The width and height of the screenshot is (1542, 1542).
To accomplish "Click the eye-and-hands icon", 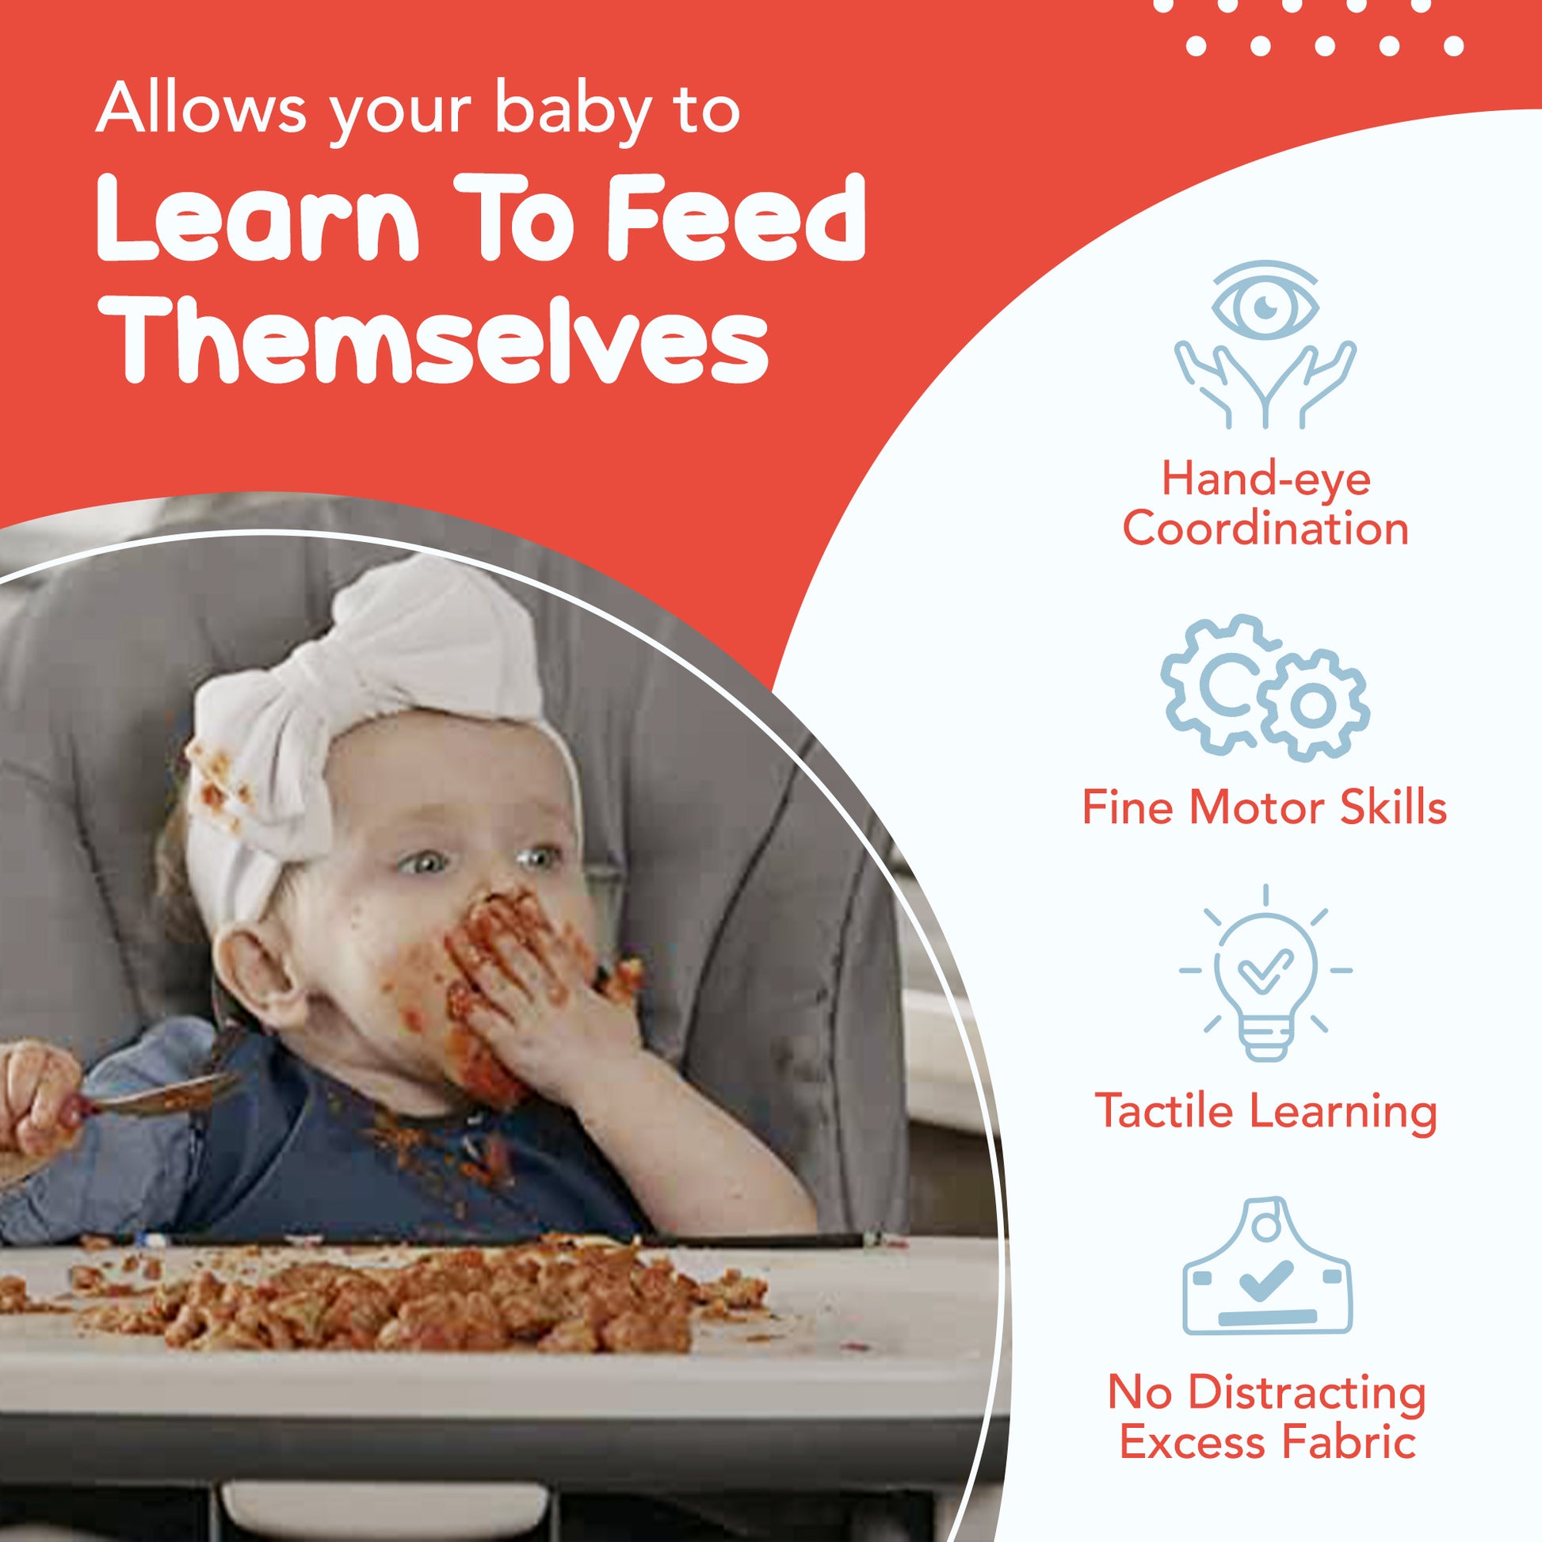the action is [x=1265, y=344].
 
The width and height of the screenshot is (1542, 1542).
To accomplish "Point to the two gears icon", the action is [x=1265, y=686].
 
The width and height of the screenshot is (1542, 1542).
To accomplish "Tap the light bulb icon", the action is [x=1265, y=973].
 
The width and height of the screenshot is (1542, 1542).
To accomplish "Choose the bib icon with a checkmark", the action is [x=1266, y=1278].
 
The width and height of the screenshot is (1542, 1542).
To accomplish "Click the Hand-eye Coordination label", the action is [x=1265, y=504].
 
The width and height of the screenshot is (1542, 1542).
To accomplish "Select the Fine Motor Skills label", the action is [x=1264, y=807].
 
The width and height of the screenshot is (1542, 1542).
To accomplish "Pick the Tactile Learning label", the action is [x=1265, y=1111].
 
